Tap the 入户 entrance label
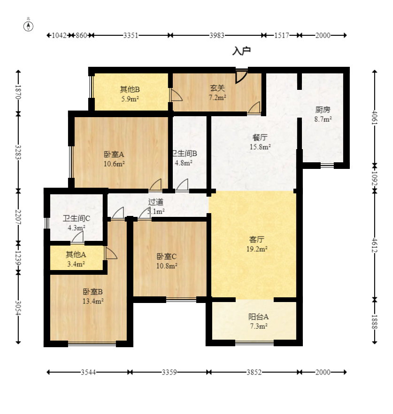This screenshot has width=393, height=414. (x=241, y=51)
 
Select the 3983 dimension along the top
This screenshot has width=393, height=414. (x=216, y=35)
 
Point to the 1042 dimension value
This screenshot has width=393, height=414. (x=59, y=35)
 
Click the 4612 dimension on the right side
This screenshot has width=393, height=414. (x=375, y=245)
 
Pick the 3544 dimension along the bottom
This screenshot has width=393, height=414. (x=88, y=372)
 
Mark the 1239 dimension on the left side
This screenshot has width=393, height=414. (x=18, y=258)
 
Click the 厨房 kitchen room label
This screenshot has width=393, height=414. (x=323, y=110)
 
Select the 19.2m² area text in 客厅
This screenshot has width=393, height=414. (x=257, y=249)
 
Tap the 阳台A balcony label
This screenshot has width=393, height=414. (x=258, y=317)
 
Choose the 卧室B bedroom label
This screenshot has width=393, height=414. (x=93, y=292)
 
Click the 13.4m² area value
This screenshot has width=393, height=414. (x=93, y=301)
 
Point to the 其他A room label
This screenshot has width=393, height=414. (x=76, y=255)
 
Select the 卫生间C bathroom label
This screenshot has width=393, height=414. (x=77, y=218)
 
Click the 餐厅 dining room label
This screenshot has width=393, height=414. (x=260, y=137)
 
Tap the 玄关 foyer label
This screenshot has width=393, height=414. (x=217, y=88)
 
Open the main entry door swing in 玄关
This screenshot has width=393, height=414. (x=241, y=77)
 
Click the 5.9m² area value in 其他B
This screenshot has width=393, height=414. (x=130, y=99)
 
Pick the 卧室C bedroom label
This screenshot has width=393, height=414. (x=167, y=256)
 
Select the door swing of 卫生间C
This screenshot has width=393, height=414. (x=77, y=237)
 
